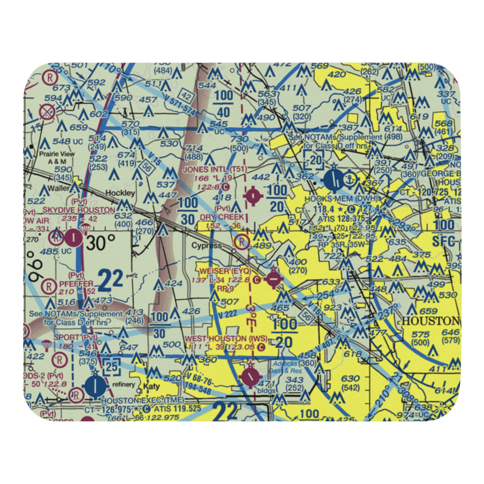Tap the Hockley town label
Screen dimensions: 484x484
point(120,193)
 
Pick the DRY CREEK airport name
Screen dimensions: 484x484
point(222,217)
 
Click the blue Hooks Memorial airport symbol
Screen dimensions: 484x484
point(335,180)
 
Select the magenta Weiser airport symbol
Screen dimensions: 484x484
point(273,279)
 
